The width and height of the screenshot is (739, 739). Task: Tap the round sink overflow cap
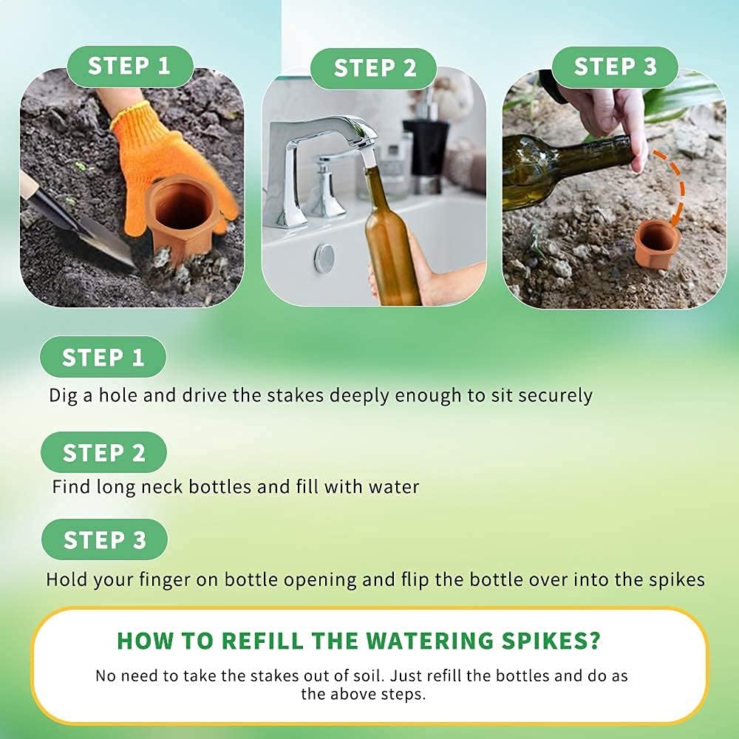[x=324, y=257]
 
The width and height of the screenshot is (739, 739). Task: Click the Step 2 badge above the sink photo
[x=373, y=68]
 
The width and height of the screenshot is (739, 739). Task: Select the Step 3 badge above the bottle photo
[x=615, y=67]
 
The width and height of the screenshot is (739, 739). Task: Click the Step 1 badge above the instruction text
[x=103, y=357]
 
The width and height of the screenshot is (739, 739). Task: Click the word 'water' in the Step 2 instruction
[x=394, y=486]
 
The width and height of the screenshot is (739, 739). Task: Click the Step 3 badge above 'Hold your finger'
[x=105, y=539]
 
